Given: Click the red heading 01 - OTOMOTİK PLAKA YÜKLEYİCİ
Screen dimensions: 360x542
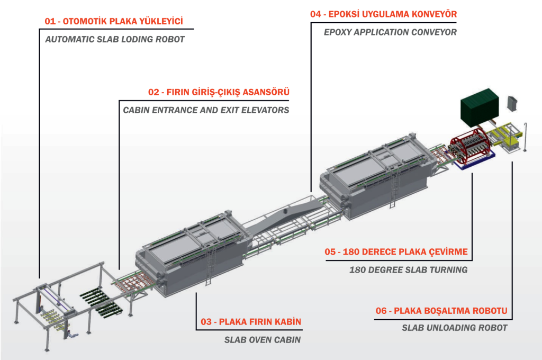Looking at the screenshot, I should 113,22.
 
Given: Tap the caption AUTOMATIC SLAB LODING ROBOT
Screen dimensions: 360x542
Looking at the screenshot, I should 115,39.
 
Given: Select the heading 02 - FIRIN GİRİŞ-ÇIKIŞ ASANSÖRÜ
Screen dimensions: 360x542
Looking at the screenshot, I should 219,93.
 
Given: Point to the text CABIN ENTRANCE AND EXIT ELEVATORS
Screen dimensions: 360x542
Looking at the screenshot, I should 206,110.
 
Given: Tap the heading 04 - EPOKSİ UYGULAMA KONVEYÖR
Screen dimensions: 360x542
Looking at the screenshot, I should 384,14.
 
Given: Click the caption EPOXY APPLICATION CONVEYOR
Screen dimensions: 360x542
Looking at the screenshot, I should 390,32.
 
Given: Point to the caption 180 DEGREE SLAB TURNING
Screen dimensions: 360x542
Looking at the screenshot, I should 408,269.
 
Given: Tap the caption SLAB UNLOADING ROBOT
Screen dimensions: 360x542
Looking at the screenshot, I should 455,328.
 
